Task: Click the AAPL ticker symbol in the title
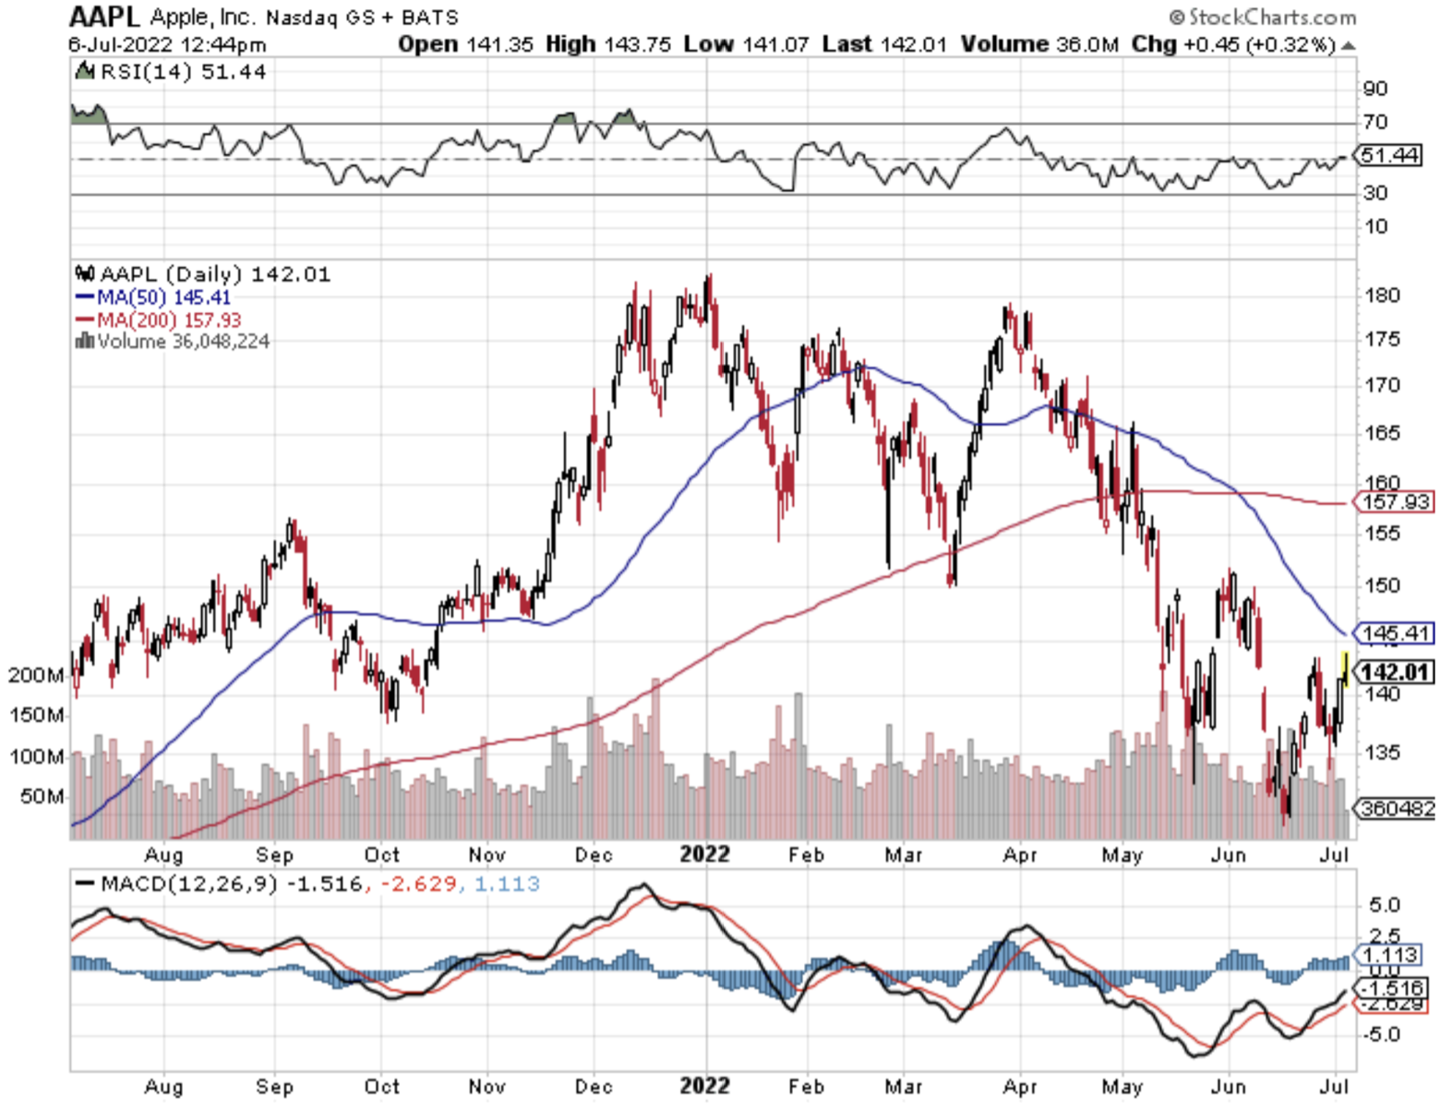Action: point(104,17)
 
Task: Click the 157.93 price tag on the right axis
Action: point(1395,502)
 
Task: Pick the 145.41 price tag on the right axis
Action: point(1395,633)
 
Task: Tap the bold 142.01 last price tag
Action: point(1395,672)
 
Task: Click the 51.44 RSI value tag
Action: point(1389,155)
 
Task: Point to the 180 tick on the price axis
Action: point(1382,295)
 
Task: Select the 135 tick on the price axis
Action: point(1382,753)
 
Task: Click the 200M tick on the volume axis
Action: point(36,675)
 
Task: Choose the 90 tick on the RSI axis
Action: point(1375,89)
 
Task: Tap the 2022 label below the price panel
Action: point(704,854)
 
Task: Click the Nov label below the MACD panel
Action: point(486,1086)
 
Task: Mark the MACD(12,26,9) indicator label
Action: point(188,884)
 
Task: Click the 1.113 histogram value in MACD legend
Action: point(507,884)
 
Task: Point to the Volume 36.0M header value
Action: point(1039,44)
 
